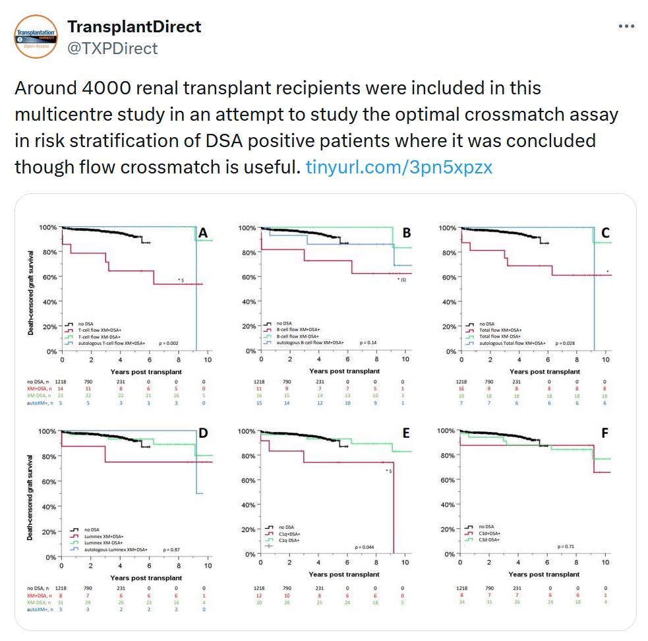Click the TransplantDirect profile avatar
click(35, 36)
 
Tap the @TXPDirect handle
click(112, 48)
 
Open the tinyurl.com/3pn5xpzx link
click(399, 167)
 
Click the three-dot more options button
click(626, 27)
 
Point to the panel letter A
click(203, 233)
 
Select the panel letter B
click(406, 233)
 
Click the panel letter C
click(605, 233)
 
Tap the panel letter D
click(203, 433)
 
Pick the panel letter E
click(406, 433)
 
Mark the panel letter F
click(605, 433)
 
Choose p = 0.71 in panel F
click(566, 547)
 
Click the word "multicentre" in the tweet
click(59, 114)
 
